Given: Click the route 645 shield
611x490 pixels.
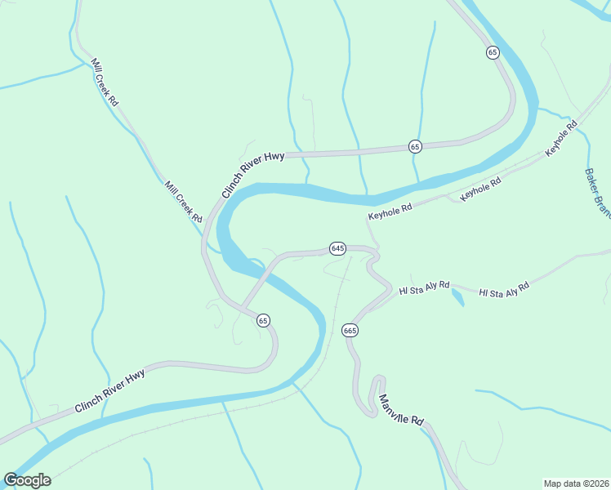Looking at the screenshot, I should pos(338,247).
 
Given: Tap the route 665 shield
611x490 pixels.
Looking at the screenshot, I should pos(350,330).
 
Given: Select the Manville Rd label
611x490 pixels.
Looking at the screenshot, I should pos(401,411).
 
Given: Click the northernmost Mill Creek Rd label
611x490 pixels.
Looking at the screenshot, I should pos(105,82).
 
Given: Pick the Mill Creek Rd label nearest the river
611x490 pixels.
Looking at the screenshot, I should pos(183,203).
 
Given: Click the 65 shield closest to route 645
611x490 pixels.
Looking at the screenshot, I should pos(263,320).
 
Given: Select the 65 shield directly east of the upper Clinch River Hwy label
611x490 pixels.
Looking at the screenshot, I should pos(415,146).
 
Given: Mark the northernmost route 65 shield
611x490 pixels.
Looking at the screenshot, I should pos(492,52).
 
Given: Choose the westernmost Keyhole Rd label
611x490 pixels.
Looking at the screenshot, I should pos(390,212).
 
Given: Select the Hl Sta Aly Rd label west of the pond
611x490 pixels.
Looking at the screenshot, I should pos(424,288).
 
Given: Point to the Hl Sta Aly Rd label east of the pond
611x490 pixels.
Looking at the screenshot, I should pos(504,289).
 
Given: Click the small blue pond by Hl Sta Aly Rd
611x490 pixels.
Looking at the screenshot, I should pos(457,297).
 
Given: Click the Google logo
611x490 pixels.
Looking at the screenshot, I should pos(27,480).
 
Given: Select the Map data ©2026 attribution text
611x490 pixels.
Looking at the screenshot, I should pos(576,483).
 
